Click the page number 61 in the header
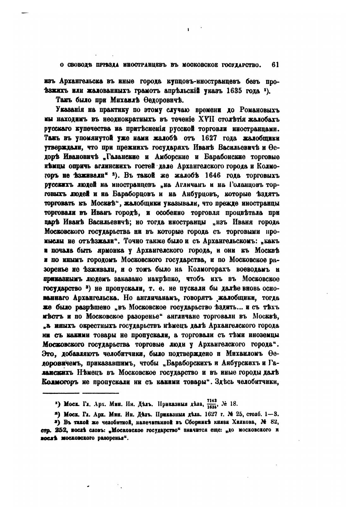(x=275, y=65)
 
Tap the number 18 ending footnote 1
(x=234, y=404)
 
